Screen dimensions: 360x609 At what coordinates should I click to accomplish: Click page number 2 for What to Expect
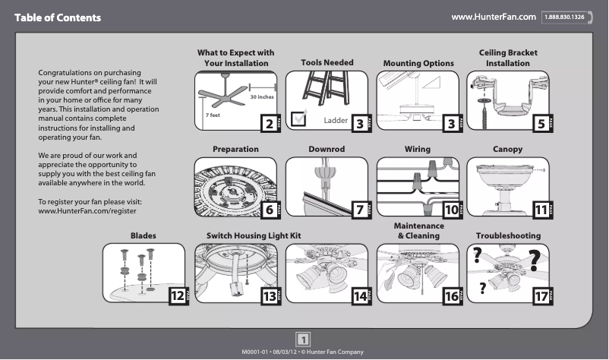pos(267,124)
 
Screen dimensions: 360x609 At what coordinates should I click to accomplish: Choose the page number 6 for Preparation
pos(267,209)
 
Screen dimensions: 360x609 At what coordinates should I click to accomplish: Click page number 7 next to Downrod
pos(358,209)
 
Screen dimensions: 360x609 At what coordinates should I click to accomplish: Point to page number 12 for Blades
pos(176,296)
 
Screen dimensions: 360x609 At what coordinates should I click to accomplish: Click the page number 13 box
pos(267,296)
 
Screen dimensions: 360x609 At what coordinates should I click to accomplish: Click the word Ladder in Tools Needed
pos(335,121)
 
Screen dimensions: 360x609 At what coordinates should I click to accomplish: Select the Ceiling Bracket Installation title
pos(508,58)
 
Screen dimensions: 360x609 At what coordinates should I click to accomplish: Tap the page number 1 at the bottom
pos(303,339)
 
